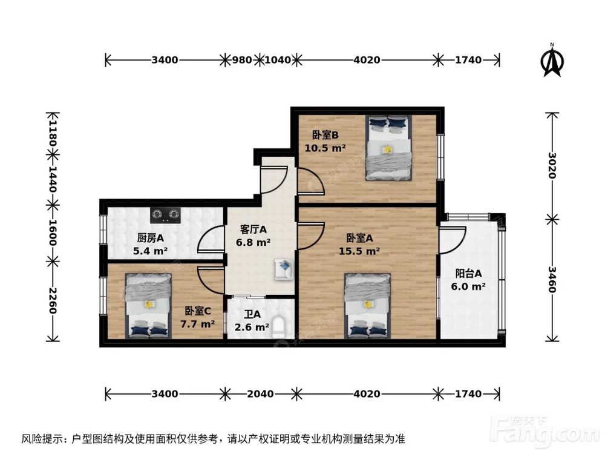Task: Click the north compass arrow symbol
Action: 552,61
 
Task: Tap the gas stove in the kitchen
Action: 166,214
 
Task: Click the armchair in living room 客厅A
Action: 283,268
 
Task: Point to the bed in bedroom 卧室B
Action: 388,148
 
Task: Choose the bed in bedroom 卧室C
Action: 148,306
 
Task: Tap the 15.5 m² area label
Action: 363,251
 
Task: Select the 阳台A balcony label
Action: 469,272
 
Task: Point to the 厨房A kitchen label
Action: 148,238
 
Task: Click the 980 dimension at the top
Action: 242,60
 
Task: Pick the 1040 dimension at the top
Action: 278,60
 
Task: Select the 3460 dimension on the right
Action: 552,279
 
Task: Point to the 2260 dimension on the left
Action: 53,300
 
